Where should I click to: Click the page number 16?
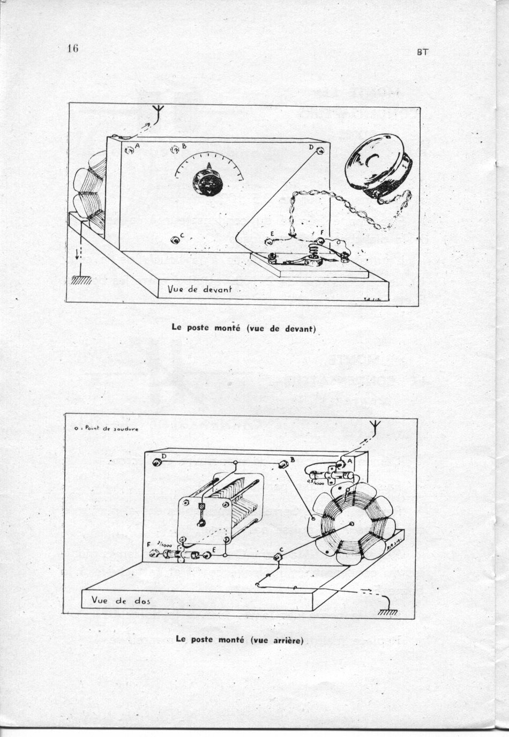tap(73, 48)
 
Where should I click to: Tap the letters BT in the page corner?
tap(422, 53)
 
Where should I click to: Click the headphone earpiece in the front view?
tap(378, 170)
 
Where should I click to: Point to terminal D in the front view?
tap(320, 151)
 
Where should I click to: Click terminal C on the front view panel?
tap(175, 239)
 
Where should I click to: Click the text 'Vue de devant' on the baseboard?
tap(200, 289)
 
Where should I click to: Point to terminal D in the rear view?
tap(157, 463)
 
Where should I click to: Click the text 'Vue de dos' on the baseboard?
tap(121, 600)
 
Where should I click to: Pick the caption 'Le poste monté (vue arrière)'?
tap(239, 639)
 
